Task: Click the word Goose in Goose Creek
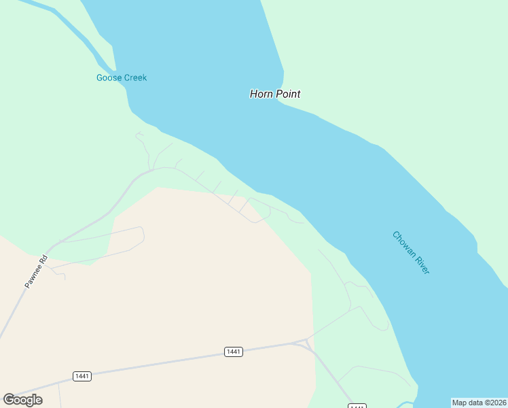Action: (x=108, y=78)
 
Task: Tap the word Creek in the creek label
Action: (x=134, y=78)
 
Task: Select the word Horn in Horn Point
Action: (x=261, y=94)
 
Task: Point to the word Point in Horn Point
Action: (x=288, y=94)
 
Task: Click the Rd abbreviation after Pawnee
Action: (x=43, y=258)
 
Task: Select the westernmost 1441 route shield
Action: (x=82, y=376)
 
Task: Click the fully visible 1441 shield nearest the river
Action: (x=234, y=352)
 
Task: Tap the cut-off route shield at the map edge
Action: (x=357, y=406)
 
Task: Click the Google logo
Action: (x=22, y=399)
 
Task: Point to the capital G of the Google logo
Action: (x=9, y=399)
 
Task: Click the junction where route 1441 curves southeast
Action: (x=307, y=342)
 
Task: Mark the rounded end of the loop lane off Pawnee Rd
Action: (x=143, y=234)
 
